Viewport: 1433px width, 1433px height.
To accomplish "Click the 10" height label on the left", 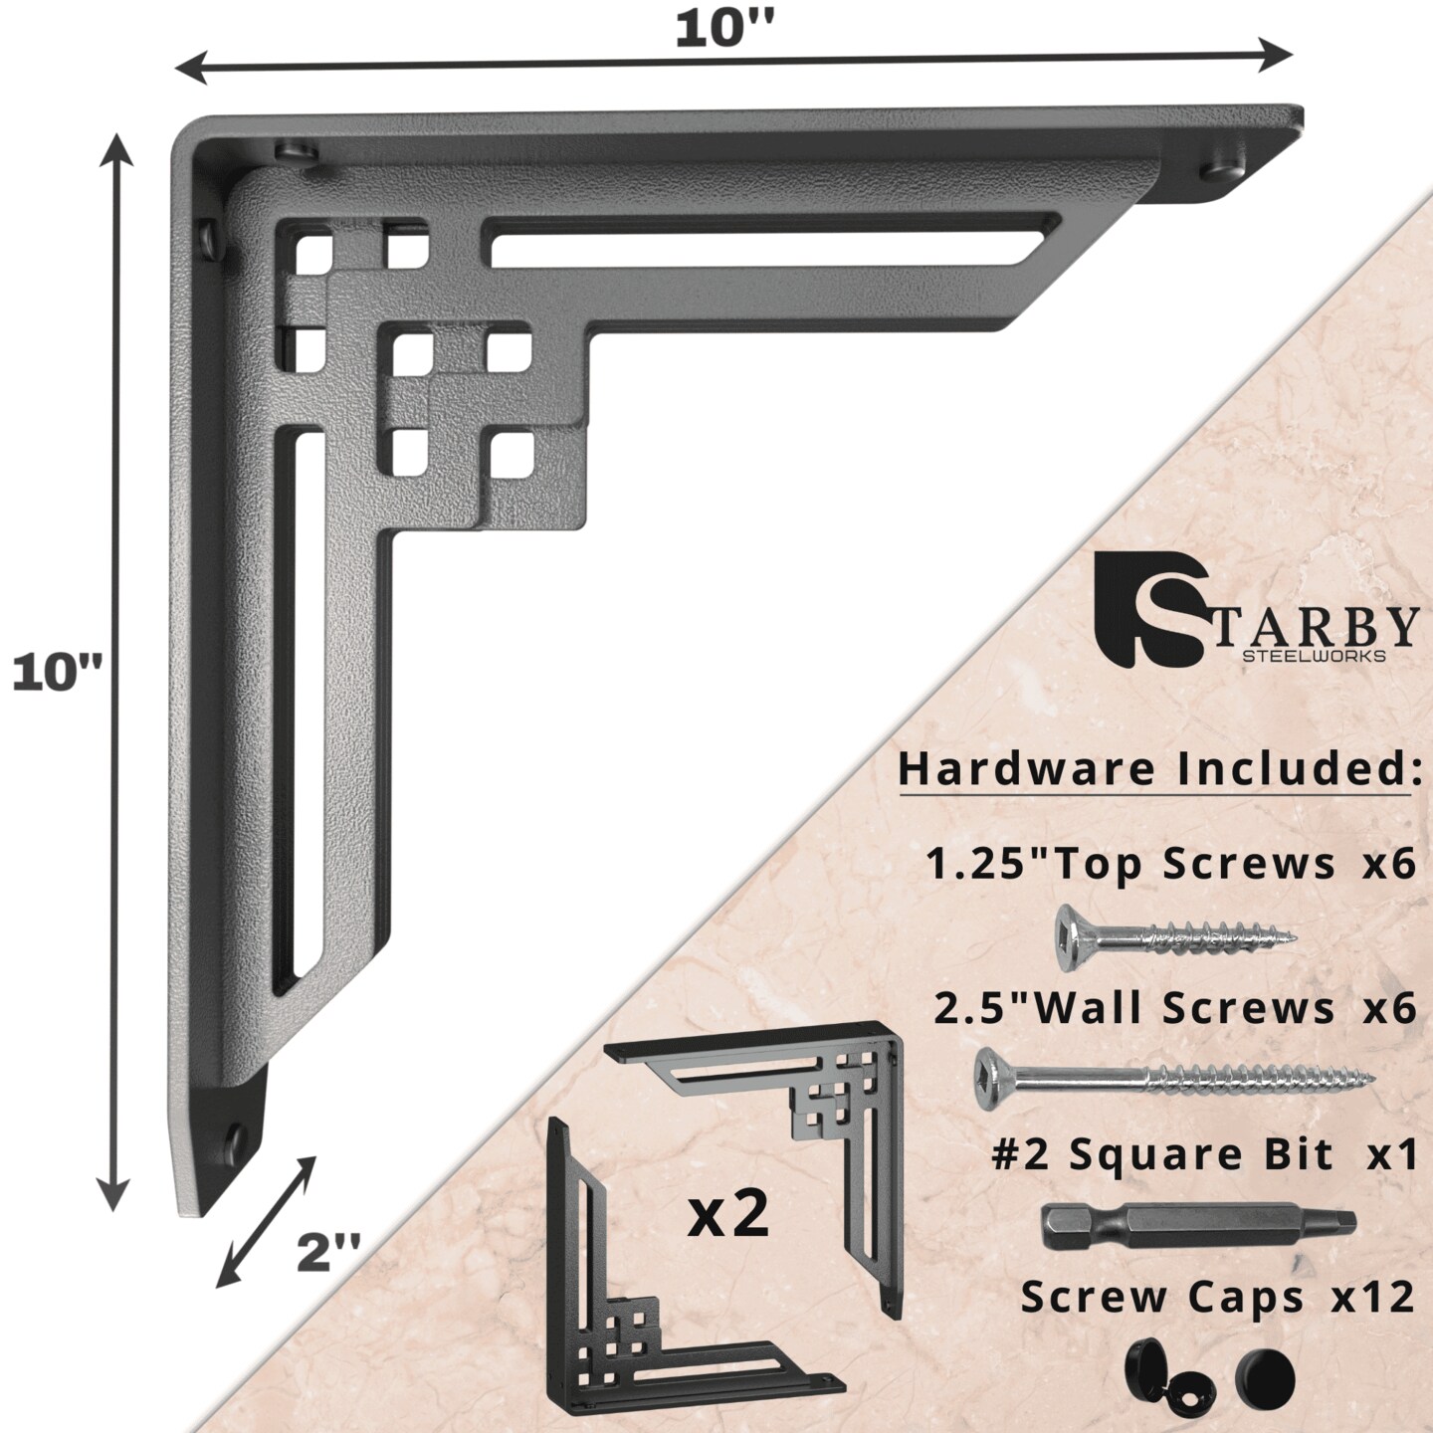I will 58,674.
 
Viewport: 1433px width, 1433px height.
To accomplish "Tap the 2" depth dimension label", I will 328,1252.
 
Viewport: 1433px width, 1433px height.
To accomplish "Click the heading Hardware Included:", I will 1159,769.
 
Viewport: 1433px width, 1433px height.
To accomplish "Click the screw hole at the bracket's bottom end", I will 237,1136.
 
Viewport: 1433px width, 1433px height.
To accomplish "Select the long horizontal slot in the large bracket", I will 761,238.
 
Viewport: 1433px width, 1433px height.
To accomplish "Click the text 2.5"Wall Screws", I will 1134,1009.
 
